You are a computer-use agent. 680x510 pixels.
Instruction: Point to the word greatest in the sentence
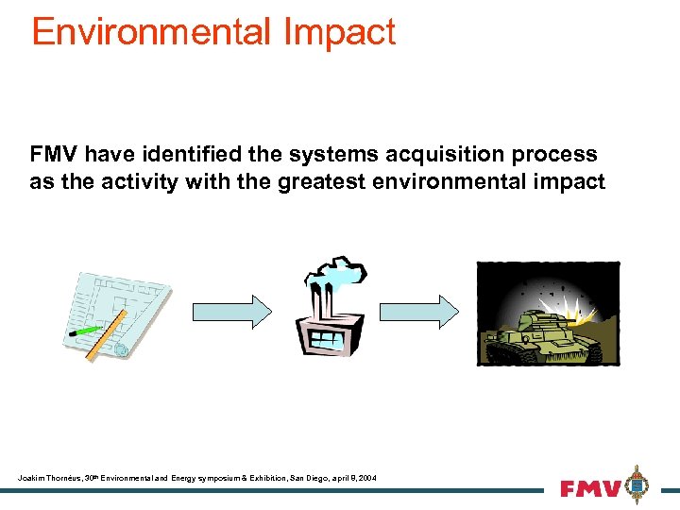point(320,181)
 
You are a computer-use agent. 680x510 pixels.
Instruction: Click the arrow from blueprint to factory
point(232,312)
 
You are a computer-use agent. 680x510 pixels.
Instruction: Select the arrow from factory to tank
point(418,312)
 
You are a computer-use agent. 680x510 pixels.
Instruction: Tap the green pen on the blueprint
point(87,331)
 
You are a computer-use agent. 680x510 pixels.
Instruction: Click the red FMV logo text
point(590,489)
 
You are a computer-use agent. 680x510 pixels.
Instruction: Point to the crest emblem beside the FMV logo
point(638,484)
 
